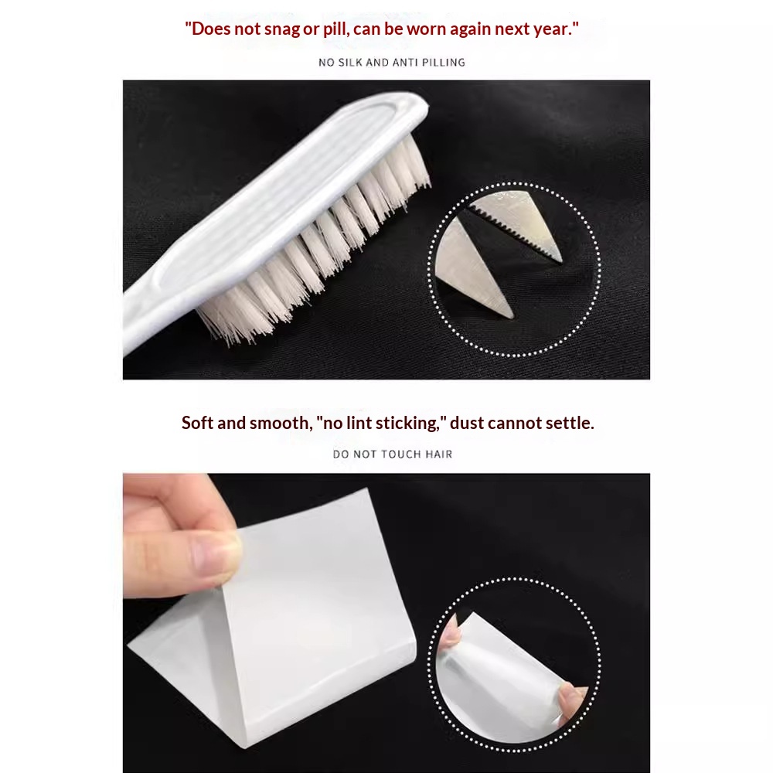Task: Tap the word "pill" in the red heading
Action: click(x=334, y=29)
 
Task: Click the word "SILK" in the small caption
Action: click(x=350, y=62)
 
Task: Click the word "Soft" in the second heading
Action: click(x=197, y=423)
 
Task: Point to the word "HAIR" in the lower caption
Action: click(x=439, y=454)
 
